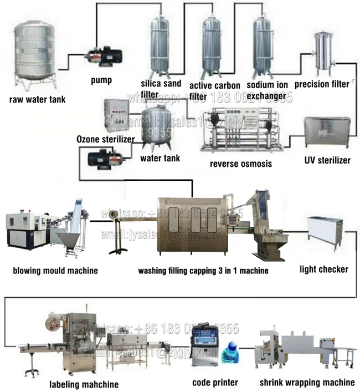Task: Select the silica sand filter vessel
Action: click(160, 44)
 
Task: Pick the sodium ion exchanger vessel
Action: click(263, 44)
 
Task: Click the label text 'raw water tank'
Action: click(37, 100)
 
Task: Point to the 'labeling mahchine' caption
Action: click(84, 384)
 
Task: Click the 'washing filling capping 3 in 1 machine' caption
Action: click(203, 271)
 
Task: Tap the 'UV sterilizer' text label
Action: click(327, 160)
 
